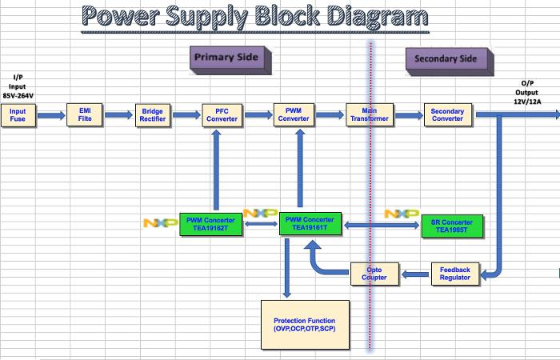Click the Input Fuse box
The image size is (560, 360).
pyautogui.click(x=18, y=115)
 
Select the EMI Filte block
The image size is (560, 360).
pyautogui.click(x=86, y=115)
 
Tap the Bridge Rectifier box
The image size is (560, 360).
pyautogui.click(x=152, y=115)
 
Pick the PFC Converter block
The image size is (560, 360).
pyautogui.click(x=222, y=115)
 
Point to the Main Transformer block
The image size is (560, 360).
pyautogui.click(x=369, y=115)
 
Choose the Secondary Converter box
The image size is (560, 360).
pyautogui.click(x=447, y=115)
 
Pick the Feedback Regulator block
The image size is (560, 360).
pyautogui.click(x=455, y=274)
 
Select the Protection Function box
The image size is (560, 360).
pyautogui.click(x=305, y=324)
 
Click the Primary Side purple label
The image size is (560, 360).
pyautogui.click(x=229, y=58)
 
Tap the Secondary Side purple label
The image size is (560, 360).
pyautogui.click(x=446, y=59)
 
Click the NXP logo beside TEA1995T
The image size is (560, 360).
pyautogui.click(x=401, y=214)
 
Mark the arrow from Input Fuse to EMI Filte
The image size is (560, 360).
pyautogui.click(x=50, y=115)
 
